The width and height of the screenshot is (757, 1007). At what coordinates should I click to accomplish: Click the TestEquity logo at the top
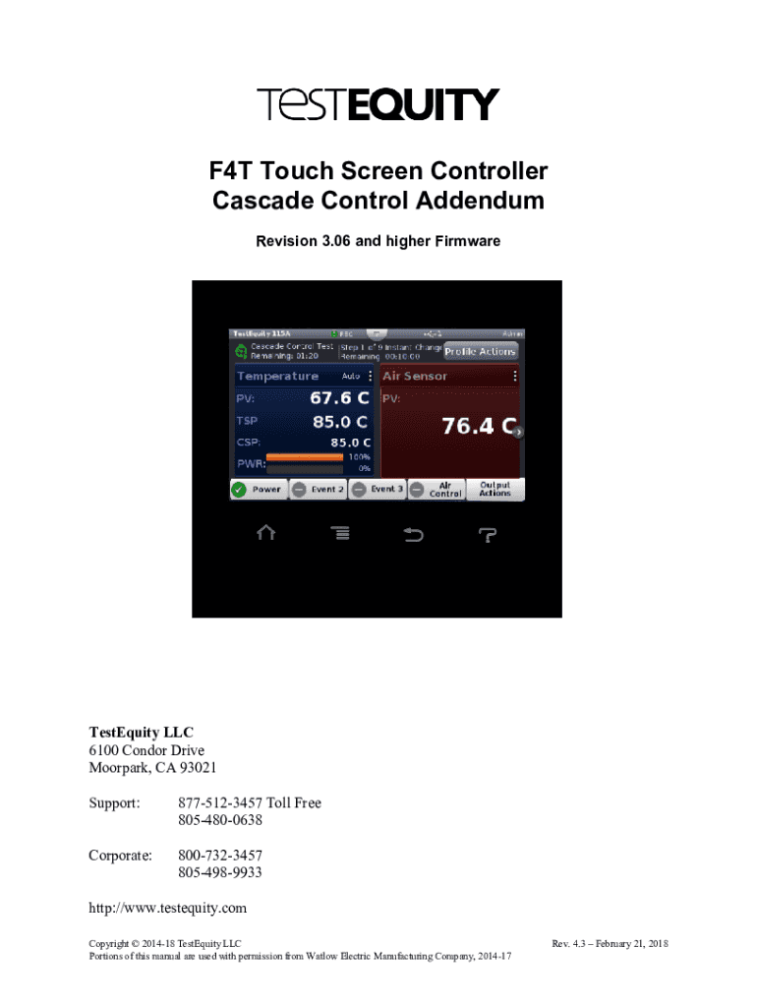(378, 105)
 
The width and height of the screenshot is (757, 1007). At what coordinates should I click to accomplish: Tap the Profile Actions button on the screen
(481, 351)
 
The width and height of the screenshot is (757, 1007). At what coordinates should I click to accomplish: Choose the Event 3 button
(378, 489)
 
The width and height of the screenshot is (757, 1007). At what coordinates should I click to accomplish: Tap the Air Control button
(437, 489)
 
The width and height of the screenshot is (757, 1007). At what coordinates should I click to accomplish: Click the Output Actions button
(495, 489)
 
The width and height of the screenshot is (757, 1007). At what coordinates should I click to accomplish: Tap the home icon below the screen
(265, 533)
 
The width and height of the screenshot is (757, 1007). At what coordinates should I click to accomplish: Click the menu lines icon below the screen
(339, 533)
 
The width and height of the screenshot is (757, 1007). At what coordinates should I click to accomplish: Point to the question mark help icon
(488, 534)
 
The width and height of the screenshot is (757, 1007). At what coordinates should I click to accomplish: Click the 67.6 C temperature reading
(339, 398)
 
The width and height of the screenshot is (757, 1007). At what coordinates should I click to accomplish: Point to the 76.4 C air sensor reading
(479, 426)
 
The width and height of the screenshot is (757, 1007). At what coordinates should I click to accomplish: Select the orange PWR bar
(305, 457)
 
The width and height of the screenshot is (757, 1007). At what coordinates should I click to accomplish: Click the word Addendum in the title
(479, 202)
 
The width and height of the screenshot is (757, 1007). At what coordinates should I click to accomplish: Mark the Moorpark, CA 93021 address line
(153, 768)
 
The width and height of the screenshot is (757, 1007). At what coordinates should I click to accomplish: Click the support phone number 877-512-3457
(223, 803)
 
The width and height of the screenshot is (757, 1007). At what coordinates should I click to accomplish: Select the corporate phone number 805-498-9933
(220, 872)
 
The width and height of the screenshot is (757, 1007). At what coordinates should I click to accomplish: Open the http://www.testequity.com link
(168, 908)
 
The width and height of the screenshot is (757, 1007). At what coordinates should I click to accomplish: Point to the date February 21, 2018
(629, 944)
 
